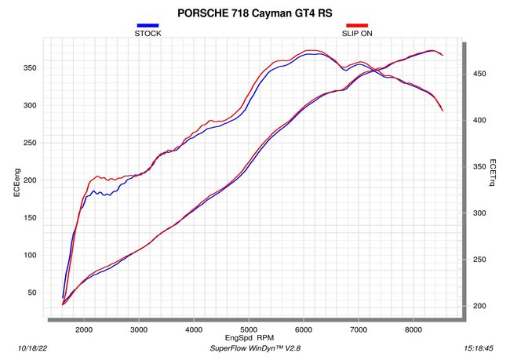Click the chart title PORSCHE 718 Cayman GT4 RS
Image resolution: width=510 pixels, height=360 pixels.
coord(255,13)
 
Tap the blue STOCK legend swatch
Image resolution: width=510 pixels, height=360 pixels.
coord(148,25)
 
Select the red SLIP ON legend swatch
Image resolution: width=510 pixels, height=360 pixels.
coord(357,25)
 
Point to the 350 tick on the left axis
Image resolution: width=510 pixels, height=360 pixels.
coord(30,68)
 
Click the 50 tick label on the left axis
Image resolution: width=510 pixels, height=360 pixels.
coord(31,293)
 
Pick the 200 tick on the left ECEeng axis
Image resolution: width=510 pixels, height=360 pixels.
coord(30,180)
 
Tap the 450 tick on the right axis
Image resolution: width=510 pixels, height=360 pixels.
coord(479,74)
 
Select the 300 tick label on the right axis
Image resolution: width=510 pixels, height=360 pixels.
coord(479,213)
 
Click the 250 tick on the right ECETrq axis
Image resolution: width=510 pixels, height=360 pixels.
coord(479,260)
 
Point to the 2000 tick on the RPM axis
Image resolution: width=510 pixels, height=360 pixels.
coord(84,329)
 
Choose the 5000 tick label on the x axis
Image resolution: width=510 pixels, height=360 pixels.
coord(249,329)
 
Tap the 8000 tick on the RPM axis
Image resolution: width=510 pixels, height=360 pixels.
coord(413,329)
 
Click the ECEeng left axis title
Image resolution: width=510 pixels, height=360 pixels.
coord(17,183)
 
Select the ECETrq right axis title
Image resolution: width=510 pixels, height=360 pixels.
coord(493,173)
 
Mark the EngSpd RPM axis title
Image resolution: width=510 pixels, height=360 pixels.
coord(250,338)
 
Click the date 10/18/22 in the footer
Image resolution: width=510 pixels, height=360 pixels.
coord(32,348)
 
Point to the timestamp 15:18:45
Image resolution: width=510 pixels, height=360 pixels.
coord(479,348)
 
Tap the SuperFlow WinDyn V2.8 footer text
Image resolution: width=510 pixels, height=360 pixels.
coord(255,348)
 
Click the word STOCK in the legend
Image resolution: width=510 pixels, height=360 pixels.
coord(148,34)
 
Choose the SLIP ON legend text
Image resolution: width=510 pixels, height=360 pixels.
coord(357,34)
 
